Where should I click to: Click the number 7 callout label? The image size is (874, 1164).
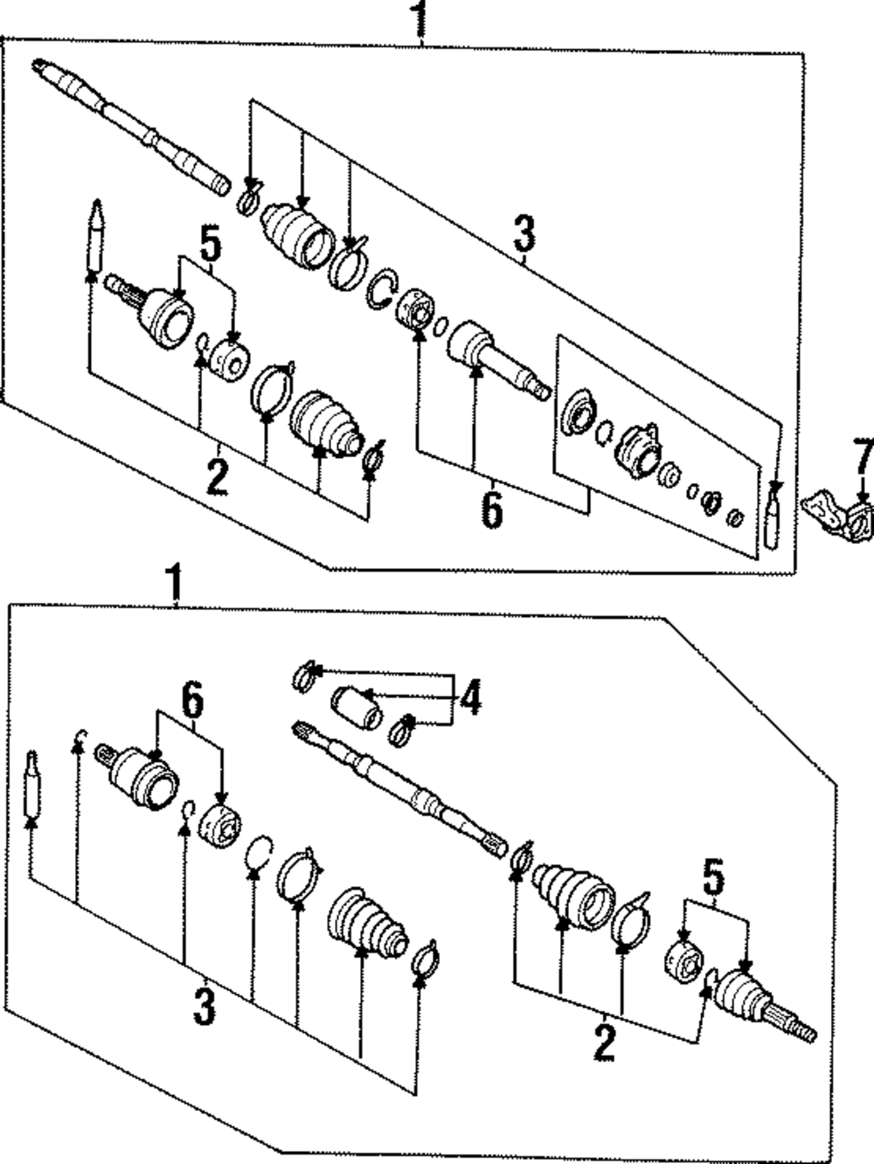tap(864, 456)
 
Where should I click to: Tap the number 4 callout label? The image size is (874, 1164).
tap(471, 697)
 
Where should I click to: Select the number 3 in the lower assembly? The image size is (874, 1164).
tap(204, 1005)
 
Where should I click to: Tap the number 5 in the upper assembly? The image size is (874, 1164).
tap(210, 246)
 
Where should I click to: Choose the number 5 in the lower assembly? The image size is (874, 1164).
tap(714, 877)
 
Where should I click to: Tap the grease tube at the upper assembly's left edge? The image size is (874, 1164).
tap(94, 236)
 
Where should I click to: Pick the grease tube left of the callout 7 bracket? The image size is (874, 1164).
tap(773, 516)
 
